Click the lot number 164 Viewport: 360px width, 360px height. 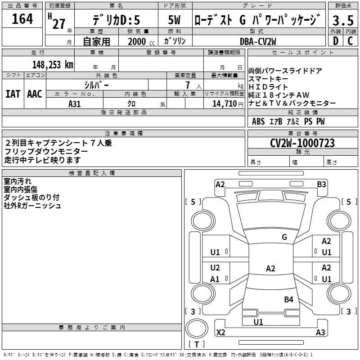tap(22, 19)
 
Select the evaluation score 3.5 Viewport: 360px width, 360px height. tap(342, 20)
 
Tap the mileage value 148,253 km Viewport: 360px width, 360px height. tap(53, 64)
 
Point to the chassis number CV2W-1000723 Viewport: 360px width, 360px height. tap(302, 143)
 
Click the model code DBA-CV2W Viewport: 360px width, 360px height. tap(258, 41)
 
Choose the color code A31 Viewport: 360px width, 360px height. tap(74, 103)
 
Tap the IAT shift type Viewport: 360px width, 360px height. tap(12, 94)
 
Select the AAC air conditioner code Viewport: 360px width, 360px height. tap(34, 94)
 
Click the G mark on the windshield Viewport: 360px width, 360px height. tap(284, 237)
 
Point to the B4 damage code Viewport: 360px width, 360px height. tap(288, 299)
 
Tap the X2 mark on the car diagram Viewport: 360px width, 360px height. tap(220, 333)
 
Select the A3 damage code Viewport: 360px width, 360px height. tap(320, 333)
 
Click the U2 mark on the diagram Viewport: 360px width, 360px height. tap(215, 267)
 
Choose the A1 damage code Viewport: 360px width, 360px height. tap(215, 279)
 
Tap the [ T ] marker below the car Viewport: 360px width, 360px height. tap(197, 345)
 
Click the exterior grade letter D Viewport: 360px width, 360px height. tap(335, 41)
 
